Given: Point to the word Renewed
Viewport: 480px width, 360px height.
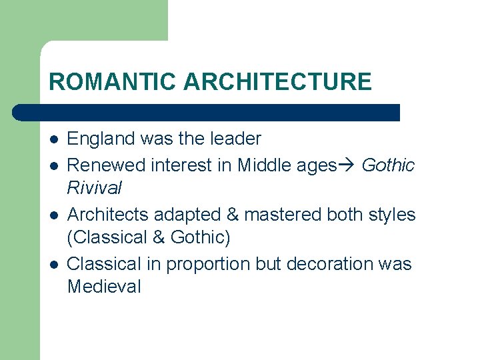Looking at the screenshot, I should click(105, 165).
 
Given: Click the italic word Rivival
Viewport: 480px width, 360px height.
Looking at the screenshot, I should click(95, 188).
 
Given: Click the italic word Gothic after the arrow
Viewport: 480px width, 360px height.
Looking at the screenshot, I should click(388, 165).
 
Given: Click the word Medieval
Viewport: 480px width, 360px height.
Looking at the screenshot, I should click(104, 287).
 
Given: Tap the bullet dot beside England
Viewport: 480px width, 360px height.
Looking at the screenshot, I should click(54, 140).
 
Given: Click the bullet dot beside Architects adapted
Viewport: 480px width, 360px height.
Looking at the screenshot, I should click(54, 215).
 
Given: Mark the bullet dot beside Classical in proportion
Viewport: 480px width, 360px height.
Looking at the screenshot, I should click(54, 265).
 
